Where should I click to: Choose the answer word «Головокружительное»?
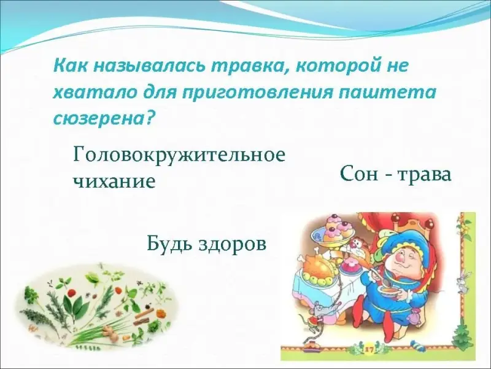[x=179, y=155]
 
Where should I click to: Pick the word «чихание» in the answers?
[x=114, y=181]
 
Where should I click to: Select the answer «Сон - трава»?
[x=396, y=174]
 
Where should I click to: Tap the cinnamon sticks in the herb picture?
[x=142, y=319]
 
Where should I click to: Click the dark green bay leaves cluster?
[x=74, y=301]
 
